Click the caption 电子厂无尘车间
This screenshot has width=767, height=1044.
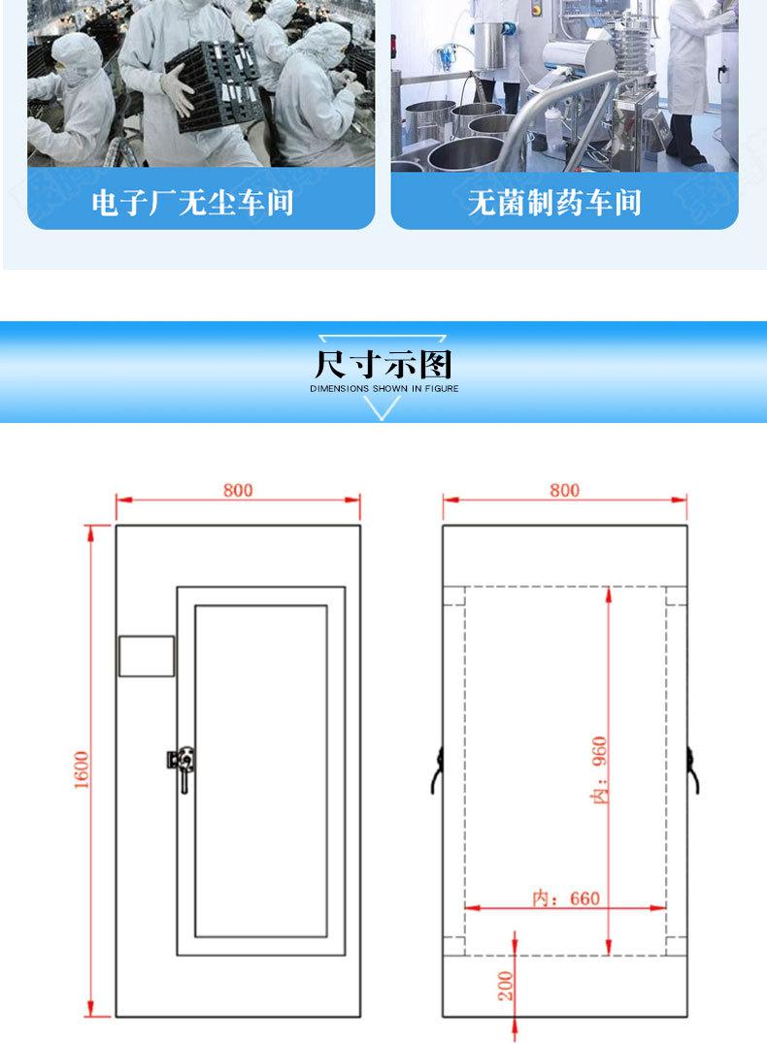pyautogui.click(x=192, y=203)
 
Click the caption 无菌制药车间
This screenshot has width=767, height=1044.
pyautogui.click(x=555, y=203)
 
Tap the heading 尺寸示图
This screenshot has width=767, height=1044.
pyautogui.click(x=383, y=364)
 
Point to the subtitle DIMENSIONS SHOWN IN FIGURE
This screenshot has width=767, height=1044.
pyautogui.click(x=383, y=388)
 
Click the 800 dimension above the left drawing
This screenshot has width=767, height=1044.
pyautogui.click(x=238, y=490)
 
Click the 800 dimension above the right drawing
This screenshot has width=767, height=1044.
pyautogui.click(x=564, y=490)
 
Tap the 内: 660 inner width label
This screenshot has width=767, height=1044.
pyautogui.click(x=566, y=897)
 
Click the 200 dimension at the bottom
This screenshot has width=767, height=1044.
pyautogui.click(x=505, y=988)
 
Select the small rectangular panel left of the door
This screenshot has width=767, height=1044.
pyautogui.click(x=147, y=656)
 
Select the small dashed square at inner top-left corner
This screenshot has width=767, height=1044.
pyautogui.click(x=454, y=595)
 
